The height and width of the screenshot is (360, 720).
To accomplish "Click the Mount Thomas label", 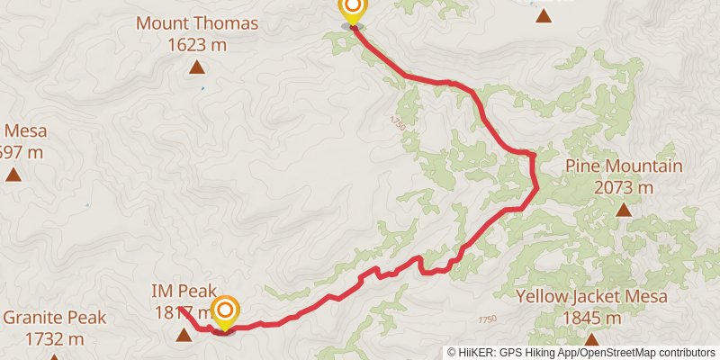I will (197, 23).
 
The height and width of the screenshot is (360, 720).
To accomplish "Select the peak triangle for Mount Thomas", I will (196, 67).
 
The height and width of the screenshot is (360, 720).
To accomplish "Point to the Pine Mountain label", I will (624, 166).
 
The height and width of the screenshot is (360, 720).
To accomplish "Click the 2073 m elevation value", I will (624, 187).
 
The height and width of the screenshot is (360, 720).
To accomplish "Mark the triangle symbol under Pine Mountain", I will (623, 211).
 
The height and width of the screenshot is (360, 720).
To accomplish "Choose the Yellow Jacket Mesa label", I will (591, 297).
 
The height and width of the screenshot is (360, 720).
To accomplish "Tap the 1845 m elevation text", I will (591, 318).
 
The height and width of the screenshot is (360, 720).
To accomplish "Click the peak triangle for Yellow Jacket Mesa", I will (591, 339).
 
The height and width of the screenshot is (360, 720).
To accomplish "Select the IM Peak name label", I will (184, 291).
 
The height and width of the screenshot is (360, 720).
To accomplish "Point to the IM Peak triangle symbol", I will (184, 336).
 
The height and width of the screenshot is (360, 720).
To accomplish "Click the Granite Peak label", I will (55, 318).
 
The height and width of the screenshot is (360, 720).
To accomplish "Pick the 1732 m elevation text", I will (55, 338).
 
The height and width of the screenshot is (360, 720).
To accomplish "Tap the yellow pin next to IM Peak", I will (224, 312).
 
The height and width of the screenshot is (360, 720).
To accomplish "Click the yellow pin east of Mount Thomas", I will (352, 10).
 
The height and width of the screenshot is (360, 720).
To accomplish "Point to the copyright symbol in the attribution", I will (452, 352).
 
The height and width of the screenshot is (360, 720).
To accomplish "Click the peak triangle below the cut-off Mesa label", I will (13, 174).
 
